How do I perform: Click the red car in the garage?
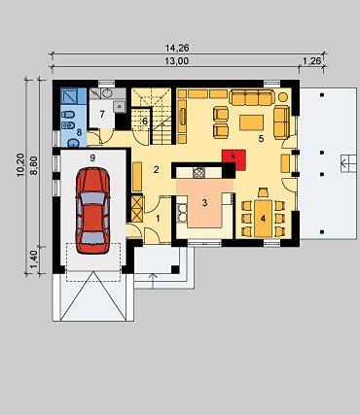click(92, 210)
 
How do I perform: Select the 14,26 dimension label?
click(177, 49)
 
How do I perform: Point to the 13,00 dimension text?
click(176, 61)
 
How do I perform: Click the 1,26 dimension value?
click(311, 61)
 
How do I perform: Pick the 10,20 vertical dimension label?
click(20, 164)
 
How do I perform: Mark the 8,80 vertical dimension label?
click(33, 165)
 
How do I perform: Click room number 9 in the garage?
click(92, 157)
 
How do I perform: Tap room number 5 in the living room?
click(261, 139)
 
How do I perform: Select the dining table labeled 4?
click(263, 219)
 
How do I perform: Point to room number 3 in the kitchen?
click(204, 203)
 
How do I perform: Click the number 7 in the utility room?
click(102, 114)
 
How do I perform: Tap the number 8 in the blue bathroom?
click(79, 132)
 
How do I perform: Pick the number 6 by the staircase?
click(145, 121)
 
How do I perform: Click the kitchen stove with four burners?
click(198, 173)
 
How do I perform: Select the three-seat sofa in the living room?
click(252, 97)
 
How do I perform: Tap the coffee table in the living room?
click(251, 122)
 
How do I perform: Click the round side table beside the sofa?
click(283, 97)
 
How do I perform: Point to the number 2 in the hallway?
click(156, 169)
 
